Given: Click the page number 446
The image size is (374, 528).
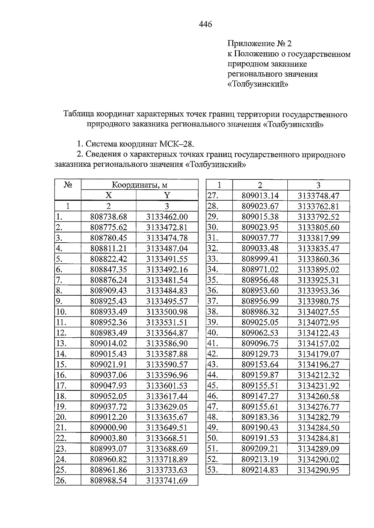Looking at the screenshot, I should (205, 24).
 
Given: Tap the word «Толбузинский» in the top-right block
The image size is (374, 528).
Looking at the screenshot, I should (258, 84).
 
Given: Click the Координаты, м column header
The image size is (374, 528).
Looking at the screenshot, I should (140, 185).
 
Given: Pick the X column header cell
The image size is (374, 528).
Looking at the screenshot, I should (108, 196).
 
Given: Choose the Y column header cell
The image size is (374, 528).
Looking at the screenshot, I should (167, 196).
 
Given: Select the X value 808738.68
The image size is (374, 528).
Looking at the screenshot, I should (108, 217).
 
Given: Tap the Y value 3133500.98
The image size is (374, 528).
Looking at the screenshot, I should (167, 312).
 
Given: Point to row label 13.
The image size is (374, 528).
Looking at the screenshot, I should (61, 344).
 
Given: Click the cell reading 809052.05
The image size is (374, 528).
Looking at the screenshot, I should (108, 396).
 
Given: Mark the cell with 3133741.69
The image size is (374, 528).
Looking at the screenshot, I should (167, 481).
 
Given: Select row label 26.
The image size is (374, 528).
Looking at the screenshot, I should (61, 481).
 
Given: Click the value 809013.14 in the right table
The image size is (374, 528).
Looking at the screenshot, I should (260, 196).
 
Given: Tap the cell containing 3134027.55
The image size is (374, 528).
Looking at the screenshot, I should (318, 312).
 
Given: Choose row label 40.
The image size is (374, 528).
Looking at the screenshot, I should (213, 333).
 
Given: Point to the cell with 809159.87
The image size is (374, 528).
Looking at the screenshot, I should (260, 375).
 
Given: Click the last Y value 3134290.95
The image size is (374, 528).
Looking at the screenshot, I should (318, 470).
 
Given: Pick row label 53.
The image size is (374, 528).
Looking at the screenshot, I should (213, 470).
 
